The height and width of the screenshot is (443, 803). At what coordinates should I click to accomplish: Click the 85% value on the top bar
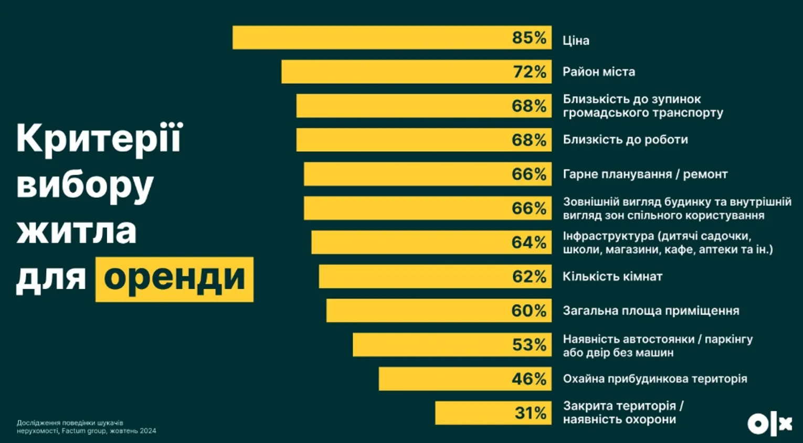pos(529,38)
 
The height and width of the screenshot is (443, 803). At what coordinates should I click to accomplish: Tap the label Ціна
pos(576,40)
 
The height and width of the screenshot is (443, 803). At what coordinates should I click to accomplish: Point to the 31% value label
pos(530,413)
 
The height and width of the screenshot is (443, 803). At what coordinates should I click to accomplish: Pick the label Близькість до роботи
pos(625,140)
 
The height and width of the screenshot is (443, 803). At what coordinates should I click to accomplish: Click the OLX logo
pos(769,423)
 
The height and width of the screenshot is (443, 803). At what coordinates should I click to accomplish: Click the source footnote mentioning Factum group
pos(86,427)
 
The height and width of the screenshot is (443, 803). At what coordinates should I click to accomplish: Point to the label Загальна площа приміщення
pos(651,311)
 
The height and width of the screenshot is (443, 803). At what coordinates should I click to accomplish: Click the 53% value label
pos(529,345)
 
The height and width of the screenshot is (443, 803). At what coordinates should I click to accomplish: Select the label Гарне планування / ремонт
pos(645,174)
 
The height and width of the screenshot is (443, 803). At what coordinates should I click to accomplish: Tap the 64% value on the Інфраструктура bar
pos(529,242)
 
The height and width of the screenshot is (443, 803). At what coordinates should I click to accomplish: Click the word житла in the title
pos(77,231)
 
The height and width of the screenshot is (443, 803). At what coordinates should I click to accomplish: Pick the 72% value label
pos(529,72)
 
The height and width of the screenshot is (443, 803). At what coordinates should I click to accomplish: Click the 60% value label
pos(529,311)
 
